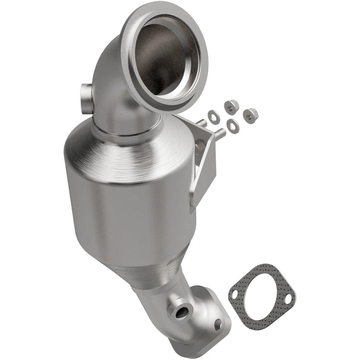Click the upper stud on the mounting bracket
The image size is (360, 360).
click(202, 123)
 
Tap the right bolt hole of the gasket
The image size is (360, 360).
click(287, 298)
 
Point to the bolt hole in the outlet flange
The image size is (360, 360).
click(218, 324)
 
